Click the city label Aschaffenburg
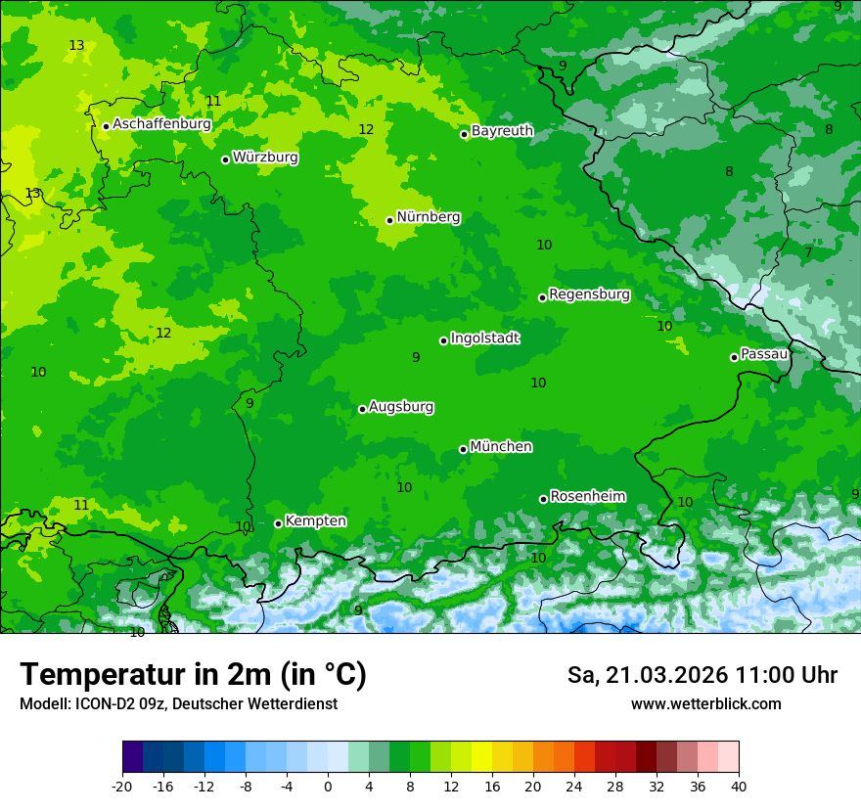pos(161,124)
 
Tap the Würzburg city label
pos(265,158)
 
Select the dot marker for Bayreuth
pos(464,134)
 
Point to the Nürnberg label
pos(428,217)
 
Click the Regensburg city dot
pos(542,297)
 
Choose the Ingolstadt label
pos(484,338)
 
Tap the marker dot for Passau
pos(734,357)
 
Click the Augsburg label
pos(401,407)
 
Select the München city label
pos(501,447)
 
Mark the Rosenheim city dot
pos(543,499)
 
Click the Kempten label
pos(315,521)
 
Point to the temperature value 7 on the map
pos(808,253)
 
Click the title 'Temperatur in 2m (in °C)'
pos(193,675)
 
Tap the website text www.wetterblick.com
pos(705,704)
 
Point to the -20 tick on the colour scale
pos(122,786)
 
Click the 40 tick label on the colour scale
pos(739,786)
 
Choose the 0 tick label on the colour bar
pos(328,786)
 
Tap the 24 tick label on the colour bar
pos(574,786)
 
